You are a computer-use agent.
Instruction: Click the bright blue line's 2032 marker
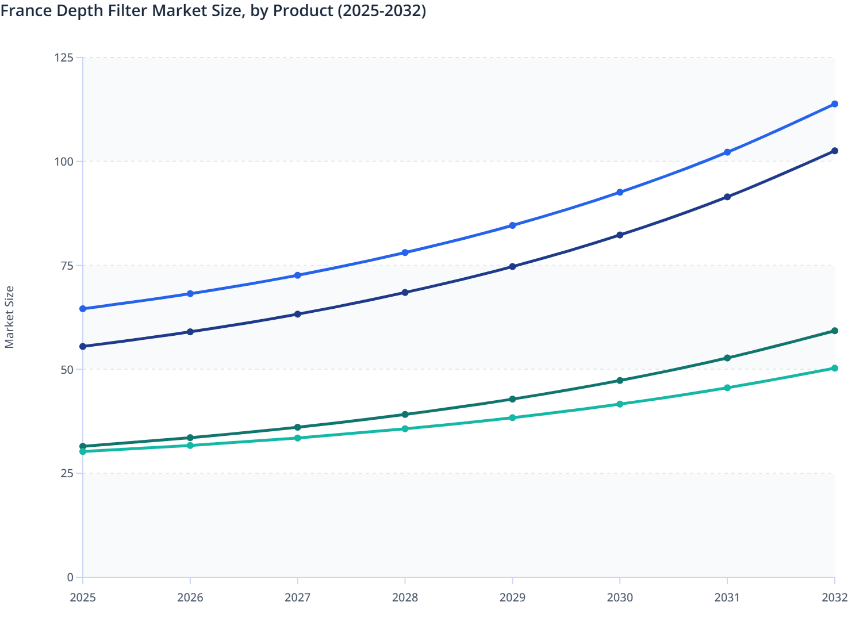point(834,104)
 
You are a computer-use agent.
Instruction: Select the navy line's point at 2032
point(834,151)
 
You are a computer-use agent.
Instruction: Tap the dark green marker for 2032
point(834,331)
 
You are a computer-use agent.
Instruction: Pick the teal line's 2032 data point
point(834,368)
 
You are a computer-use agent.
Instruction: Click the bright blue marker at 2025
point(83,309)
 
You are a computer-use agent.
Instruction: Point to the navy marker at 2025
point(83,346)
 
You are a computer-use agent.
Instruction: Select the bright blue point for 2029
point(512,225)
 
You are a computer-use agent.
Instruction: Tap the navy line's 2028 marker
point(405,292)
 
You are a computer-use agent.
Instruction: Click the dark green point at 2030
point(620,380)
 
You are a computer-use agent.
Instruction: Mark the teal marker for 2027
point(297,438)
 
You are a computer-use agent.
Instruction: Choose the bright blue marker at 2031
point(727,152)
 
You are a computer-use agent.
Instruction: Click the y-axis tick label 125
point(64,57)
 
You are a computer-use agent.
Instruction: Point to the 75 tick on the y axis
point(67,265)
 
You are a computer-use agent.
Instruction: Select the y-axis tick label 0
point(70,577)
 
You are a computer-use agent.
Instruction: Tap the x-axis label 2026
point(190,597)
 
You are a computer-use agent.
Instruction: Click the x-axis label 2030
point(620,597)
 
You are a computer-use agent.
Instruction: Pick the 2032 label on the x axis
point(834,597)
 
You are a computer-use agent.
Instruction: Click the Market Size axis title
point(9,317)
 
